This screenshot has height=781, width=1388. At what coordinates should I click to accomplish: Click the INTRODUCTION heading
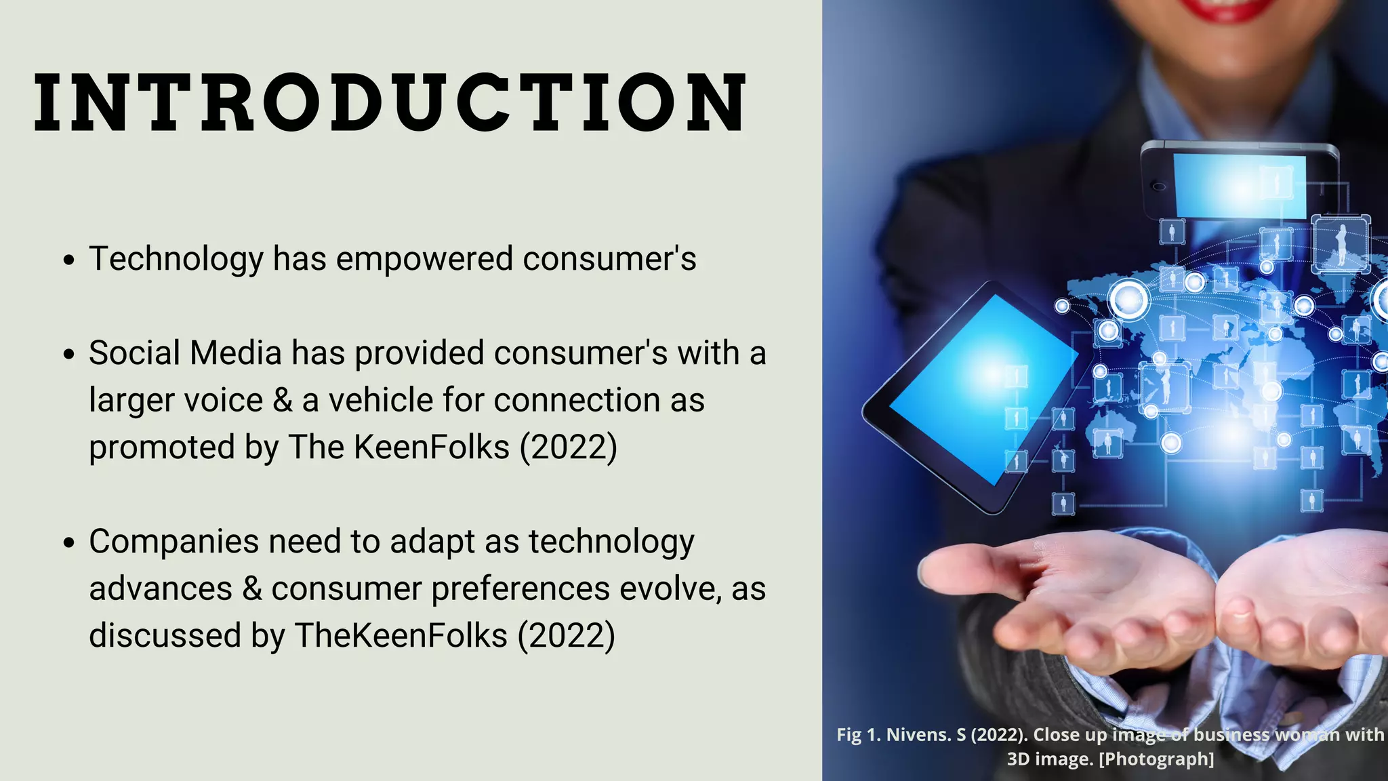[390, 102]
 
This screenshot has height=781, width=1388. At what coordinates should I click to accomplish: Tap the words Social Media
[185, 353]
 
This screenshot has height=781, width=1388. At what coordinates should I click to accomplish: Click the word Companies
[173, 542]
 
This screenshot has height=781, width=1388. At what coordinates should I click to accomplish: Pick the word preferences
[520, 588]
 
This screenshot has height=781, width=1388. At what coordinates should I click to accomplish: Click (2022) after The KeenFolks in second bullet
[568, 447]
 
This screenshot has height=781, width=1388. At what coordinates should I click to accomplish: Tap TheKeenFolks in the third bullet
[401, 636]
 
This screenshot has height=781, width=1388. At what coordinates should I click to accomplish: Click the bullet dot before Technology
[68, 260]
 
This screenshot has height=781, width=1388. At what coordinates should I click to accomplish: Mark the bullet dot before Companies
[68, 543]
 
